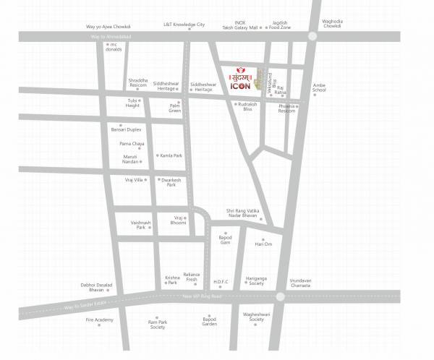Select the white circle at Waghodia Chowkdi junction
[312, 36]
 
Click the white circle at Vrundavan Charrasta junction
[281, 295]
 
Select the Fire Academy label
[100, 320]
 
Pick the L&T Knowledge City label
[184, 24]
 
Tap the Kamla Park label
[171, 155]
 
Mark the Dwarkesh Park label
[171, 182]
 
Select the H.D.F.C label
[221, 281]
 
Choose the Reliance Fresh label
[191, 278]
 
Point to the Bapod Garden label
[209, 322]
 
